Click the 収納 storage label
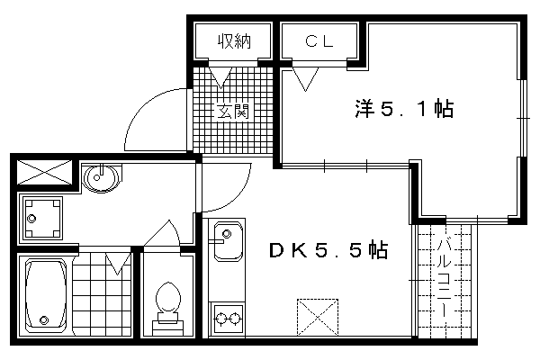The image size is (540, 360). tap(234, 41)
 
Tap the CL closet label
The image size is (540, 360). tap(319, 41)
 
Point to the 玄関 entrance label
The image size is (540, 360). tap(232, 112)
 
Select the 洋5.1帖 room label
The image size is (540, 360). tap(404, 109)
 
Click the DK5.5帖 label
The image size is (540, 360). tap(328, 250)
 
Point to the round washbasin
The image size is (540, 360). tap(101, 178)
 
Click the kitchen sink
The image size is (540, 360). tap(228, 242)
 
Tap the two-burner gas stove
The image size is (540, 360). tap(228, 319)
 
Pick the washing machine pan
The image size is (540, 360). tap(42, 219)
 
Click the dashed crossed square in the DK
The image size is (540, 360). tap(318, 317)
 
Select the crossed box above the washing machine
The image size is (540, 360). tap(44, 172)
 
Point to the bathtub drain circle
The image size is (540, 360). tap(44, 320)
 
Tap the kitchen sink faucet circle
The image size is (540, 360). tap(227, 234)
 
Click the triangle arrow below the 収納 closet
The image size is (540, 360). tap(220, 77)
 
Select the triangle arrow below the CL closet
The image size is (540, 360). tap(305, 79)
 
